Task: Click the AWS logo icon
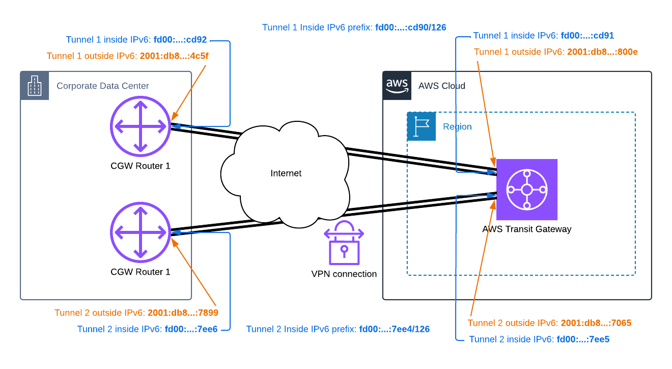pyautogui.click(x=397, y=85)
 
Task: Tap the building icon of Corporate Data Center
pyautogui.click(x=35, y=86)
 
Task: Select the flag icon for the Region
pyautogui.click(x=422, y=126)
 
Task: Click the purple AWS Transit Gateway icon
pyautogui.click(x=527, y=190)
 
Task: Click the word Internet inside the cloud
pyautogui.click(x=286, y=173)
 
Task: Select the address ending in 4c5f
pyautogui.click(x=174, y=56)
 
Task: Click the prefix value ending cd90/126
pyautogui.click(x=410, y=28)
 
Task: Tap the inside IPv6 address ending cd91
pyautogui.click(x=587, y=36)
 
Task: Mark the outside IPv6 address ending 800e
pyautogui.click(x=602, y=52)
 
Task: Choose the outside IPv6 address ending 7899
pyautogui.click(x=183, y=313)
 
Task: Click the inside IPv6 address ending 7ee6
pyautogui.click(x=191, y=329)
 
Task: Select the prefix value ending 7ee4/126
pyautogui.click(x=394, y=329)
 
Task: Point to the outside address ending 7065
pyautogui.click(x=596, y=323)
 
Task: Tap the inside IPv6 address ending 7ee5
pyautogui.click(x=583, y=339)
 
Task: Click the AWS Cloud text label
pyautogui.click(x=441, y=86)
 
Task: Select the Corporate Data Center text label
pyautogui.click(x=103, y=86)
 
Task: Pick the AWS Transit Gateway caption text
pyautogui.click(x=526, y=229)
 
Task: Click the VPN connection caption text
pyautogui.click(x=344, y=274)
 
